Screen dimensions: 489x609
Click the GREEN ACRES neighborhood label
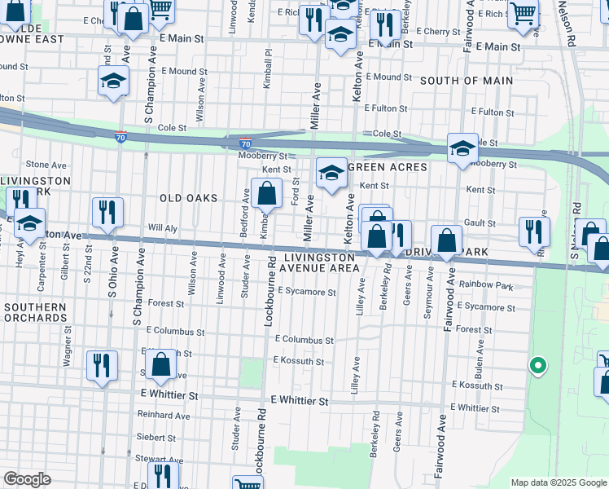(388, 167)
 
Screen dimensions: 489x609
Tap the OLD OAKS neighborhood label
(189, 198)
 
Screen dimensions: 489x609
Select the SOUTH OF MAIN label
(467, 81)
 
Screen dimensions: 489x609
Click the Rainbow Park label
(486, 286)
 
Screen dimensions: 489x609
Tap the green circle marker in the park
(537, 366)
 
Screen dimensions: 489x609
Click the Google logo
(26, 479)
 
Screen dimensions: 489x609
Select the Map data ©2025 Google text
(559, 482)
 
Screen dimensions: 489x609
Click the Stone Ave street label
(46, 165)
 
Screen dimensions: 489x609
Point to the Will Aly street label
(162, 228)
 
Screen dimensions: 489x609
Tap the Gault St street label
(480, 223)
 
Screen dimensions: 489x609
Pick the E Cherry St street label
(437, 31)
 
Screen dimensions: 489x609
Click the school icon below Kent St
(331, 173)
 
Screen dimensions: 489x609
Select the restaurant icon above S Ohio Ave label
(107, 213)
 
